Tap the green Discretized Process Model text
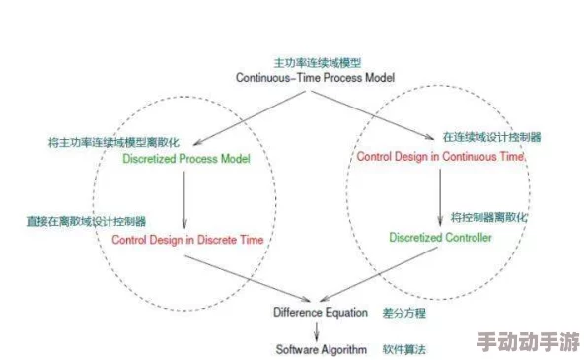tap(186, 158)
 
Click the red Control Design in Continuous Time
tap(441, 156)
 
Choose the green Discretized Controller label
tap(440, 237)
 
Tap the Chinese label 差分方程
tap(404, 312)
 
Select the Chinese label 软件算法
tap(404, 349)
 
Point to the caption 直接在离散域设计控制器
tap(86, 221)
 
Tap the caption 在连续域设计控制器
tap(491, 137)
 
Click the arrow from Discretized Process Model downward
tap(185, 197)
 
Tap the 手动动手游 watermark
tap(528, 342)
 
